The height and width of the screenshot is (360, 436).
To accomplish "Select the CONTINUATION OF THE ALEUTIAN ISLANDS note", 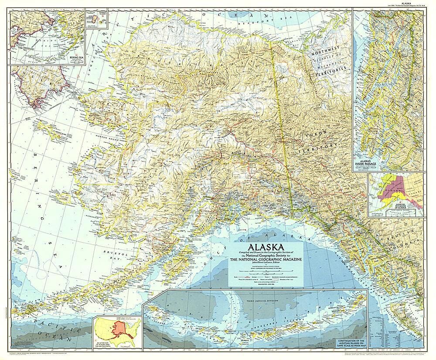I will click(x=354, y=343).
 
